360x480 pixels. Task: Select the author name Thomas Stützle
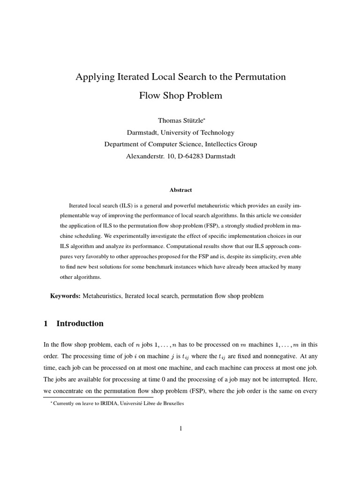tap(178, 121)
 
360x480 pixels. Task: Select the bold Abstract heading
tap(180, 190)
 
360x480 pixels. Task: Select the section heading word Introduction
tap(80, 323)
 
